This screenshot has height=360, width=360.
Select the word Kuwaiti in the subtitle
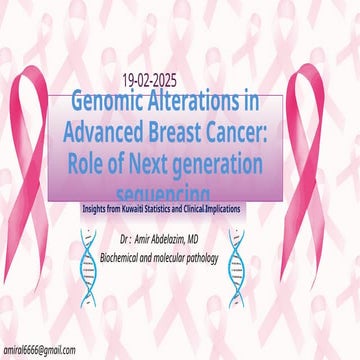click(x=153, y=209)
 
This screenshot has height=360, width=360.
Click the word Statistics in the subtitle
click(x=192, y=209)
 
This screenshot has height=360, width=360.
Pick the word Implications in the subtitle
click(x=262, y=209)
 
